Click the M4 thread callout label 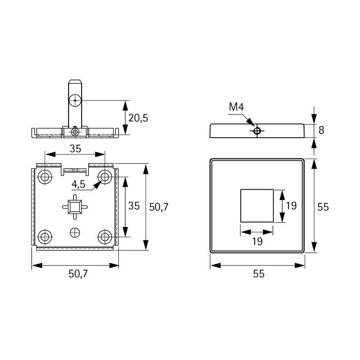[x=236, y=107]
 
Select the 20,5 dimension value [x=138, y=118]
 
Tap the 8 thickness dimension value [x=321, y=130]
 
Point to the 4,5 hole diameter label [x=78, y=184]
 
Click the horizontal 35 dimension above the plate [x=75, y=149]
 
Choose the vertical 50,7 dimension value [x=159, y=207]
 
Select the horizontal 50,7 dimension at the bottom [x=78, y=274]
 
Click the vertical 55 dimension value [x=323, y=207]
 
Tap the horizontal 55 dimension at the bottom [x=259, y=274]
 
